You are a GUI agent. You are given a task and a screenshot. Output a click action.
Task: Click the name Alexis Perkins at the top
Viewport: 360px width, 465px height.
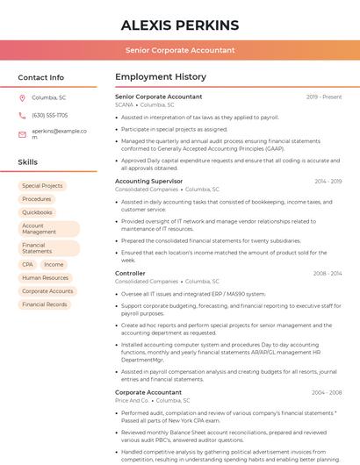coord(179,25)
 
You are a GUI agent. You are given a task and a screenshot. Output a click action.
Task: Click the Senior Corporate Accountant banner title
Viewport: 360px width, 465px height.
coord(179,50)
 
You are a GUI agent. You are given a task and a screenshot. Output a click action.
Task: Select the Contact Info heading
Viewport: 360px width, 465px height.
coord(41,77)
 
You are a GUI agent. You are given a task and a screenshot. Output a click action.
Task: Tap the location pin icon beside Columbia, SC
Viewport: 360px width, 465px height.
coord(22,97)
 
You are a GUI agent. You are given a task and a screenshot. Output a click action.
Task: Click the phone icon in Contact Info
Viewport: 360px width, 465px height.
coord(22,115)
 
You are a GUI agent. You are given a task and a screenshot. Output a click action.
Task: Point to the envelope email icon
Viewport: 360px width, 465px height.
coord(22,134)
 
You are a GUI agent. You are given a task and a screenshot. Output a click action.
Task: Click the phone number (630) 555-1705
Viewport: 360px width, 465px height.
coord(49,115)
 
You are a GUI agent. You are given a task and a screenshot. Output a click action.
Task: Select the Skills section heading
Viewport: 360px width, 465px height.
coord(28,162)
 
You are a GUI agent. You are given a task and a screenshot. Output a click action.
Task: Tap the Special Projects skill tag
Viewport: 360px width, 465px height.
coord(42,186)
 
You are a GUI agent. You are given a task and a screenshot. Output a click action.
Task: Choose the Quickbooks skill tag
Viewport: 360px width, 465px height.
coord(37,212)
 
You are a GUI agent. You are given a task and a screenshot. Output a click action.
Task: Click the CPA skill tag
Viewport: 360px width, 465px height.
coord(28,264)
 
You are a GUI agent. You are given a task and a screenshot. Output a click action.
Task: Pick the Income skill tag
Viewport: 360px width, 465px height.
coord(54,264)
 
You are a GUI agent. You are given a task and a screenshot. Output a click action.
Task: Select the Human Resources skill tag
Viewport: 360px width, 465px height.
coord(45,277)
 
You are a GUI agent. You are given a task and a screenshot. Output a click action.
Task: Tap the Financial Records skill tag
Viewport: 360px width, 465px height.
coord(45,304)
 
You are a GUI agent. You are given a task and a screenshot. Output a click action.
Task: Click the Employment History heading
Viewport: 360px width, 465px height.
coord(161,77)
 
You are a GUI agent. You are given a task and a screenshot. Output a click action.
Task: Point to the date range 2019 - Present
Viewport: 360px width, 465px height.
coord(324,97)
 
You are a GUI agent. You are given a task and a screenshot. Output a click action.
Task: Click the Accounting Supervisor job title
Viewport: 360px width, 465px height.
coord(149,181)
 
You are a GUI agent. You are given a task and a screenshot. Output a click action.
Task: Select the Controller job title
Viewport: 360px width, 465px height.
coord(130,273)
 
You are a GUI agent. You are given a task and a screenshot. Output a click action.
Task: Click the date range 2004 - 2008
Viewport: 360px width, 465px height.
coord(327,392)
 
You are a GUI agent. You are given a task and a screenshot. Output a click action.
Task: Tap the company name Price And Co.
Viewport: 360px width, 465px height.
coord(133,400)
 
